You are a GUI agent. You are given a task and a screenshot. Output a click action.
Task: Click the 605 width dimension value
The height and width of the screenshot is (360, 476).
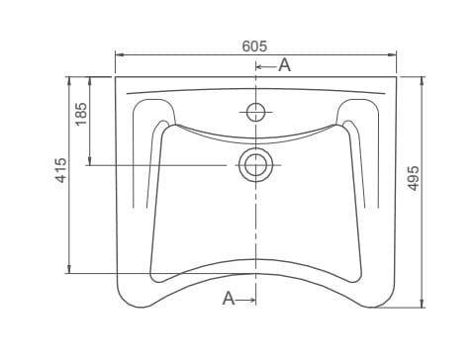point(254,46)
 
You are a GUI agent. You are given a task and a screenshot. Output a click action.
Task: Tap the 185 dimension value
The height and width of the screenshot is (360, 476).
point(81,114)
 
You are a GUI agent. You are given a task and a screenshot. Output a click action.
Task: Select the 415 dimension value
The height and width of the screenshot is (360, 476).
point(61,170)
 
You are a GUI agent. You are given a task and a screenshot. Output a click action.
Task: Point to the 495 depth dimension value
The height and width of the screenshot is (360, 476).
point(413,178)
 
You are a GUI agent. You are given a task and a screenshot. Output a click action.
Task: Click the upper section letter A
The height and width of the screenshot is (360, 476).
point(284,65)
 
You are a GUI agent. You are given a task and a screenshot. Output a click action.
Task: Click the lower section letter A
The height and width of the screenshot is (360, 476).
point(229,299)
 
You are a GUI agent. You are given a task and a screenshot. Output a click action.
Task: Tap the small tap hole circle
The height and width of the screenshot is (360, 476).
point(255,112)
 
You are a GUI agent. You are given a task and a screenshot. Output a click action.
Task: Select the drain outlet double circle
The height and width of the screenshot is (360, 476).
point(255,165)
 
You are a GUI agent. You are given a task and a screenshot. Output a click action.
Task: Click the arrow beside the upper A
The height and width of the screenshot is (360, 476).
point(266,67)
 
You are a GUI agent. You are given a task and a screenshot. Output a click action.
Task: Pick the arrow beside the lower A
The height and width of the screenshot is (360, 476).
point(245,300)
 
